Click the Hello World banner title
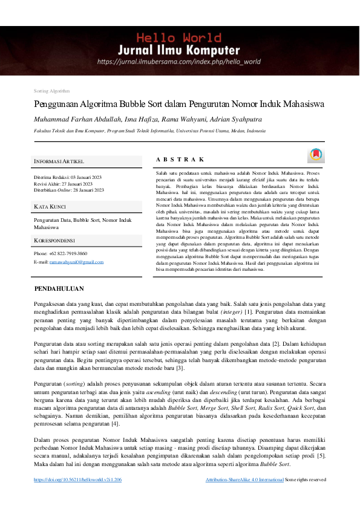180,37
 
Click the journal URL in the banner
179,62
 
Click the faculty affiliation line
149,131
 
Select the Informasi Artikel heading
59,161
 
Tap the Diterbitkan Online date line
68,190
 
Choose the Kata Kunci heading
50,207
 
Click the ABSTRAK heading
180,159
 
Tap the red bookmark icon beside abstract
315,155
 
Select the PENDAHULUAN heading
59,289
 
